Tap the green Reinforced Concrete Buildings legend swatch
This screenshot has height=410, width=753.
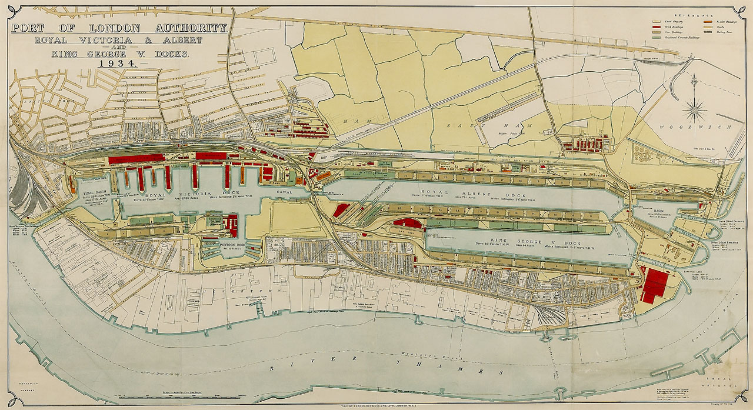pyautogui.click(x=657, y=38)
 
